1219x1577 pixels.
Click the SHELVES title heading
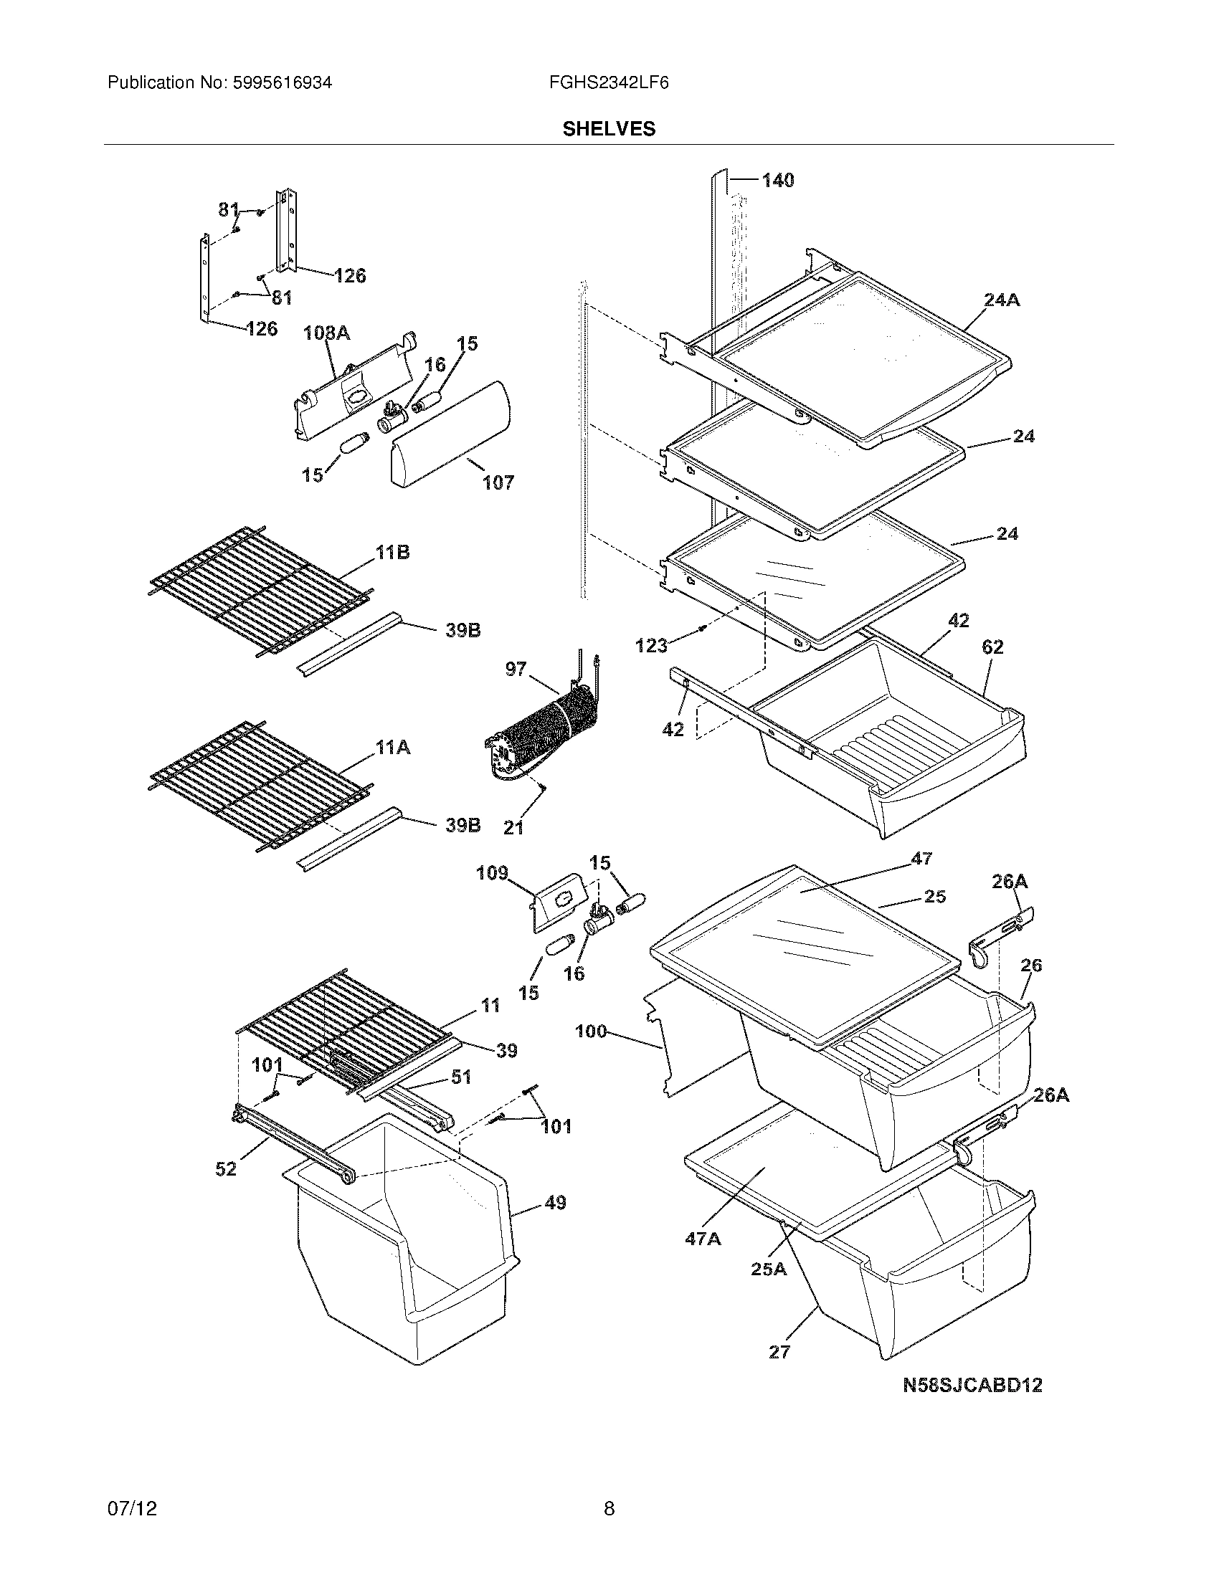[609, 128]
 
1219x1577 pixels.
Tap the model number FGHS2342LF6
[609, 83]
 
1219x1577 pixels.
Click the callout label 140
[778, 181]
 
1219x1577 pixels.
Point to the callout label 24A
[1001, 300]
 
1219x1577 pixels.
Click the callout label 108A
[326, 333]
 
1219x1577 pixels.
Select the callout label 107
[498, 482]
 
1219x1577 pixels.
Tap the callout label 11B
[392, 553]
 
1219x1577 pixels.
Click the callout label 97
[516, 669]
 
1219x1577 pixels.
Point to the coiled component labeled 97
[549, 733]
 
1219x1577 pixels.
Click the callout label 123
[651, 646]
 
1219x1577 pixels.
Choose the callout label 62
[993, 647]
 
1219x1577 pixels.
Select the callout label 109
[492, 873]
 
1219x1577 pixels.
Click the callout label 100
[591, 1031]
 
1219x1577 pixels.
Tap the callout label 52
[226, 1168]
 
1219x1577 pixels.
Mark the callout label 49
[554, 1203]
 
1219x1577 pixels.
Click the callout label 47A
[703, 1239]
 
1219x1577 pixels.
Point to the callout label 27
[779, 1352]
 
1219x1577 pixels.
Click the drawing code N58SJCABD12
[973, 1386]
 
